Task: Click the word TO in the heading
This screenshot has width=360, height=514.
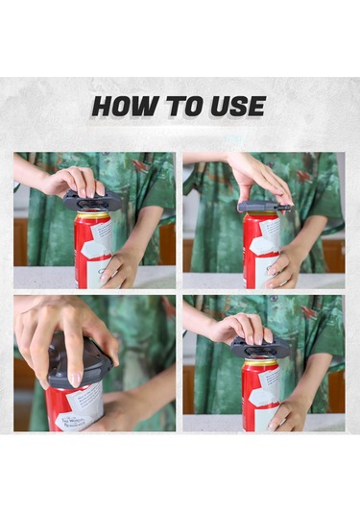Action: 184,107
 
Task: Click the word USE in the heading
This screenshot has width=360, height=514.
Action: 238,107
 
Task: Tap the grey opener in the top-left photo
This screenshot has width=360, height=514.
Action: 92,201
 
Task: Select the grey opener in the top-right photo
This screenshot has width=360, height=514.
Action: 264,207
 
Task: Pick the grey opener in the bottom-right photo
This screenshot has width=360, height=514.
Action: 260,347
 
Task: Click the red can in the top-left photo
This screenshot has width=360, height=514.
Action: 93,250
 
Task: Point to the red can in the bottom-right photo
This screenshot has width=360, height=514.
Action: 261,394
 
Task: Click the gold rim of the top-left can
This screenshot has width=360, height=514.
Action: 93,215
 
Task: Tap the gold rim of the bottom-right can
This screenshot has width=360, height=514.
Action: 261,361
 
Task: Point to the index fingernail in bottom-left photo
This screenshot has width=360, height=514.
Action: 75,379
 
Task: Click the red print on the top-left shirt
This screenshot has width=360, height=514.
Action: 141,165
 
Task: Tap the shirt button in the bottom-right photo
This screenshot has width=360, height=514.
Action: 274,299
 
